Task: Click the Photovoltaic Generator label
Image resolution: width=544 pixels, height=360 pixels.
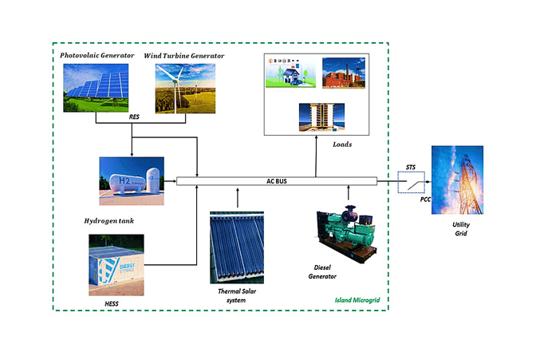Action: coord(97,55)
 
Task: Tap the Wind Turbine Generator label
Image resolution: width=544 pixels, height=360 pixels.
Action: coord(184,55)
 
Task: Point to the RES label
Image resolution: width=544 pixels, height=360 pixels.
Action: coord(134,117)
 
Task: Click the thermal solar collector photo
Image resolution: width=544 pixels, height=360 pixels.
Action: coord(238,247)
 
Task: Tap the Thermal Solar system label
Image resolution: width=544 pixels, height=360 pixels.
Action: coord(239,296)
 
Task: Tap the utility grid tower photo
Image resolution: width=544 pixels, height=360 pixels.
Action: coord(456,180)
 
